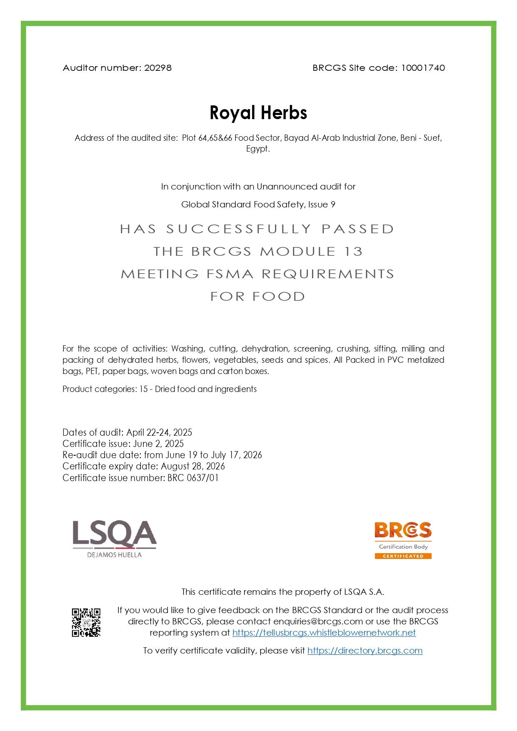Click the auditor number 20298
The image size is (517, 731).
tap(157, 67)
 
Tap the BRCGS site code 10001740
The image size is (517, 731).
tap(423, 67)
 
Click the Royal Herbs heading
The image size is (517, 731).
tap(258, 112)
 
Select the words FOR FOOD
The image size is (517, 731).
tap(258, 297)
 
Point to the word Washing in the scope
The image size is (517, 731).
tap(187, 349)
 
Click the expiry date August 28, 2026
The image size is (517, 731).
tap(193, 466)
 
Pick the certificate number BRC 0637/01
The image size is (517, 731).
tap(193, 478)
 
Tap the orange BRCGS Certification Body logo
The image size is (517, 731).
tap(403, 540)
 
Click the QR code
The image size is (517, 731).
tap(86, 622)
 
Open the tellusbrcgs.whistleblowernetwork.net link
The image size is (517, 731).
tap(324, 633)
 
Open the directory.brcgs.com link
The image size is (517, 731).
tap(365, 651)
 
